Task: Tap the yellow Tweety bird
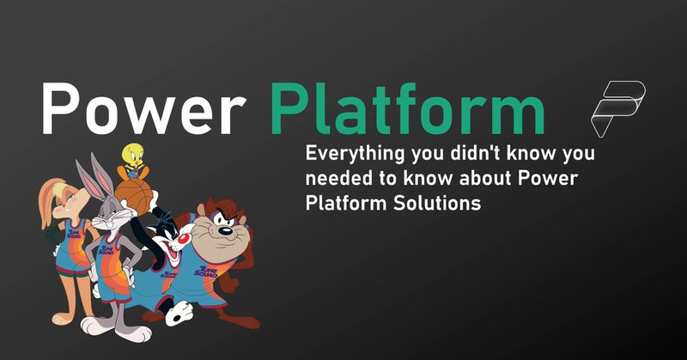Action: [x=132, y=160]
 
